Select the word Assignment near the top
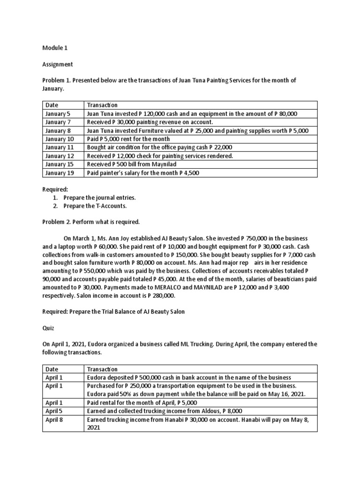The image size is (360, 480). pyautogui.click(x=58, y=64)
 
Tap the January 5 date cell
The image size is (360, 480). pyautogui.click(x=58, y=114)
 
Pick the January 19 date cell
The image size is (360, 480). pyautogui.click(x=60, y=173)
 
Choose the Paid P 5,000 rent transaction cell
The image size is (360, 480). pyautogui.click(x=128, y=139)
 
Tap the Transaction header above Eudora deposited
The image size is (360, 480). pyautogui.click(x=102, y=369)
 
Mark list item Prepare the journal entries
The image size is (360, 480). pyautogui.click(x=99, y=197)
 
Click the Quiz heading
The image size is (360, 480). pyautogui.click(x=49, y=328)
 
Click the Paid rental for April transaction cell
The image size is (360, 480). pyautogui.click(x=142, y=403)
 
